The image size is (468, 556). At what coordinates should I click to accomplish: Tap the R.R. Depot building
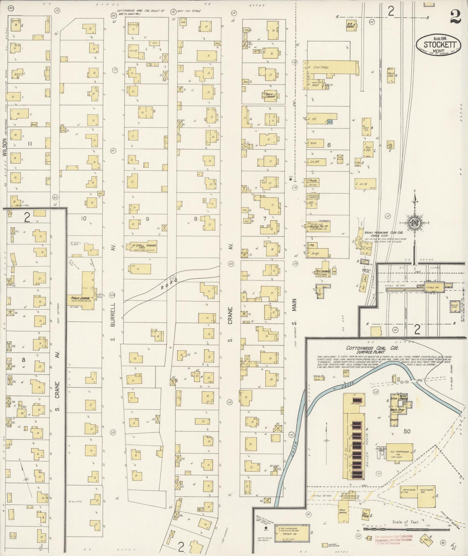[x=350, y=26]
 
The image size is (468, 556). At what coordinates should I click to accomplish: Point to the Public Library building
[x=270, y=94]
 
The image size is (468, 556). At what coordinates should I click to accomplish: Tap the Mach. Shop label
[x=394, y=410]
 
